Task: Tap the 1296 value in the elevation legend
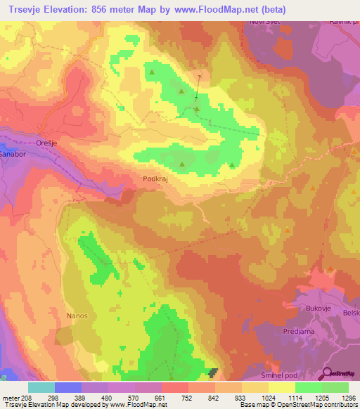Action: click(x=349, y=397)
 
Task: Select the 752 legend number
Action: click(x=174, y=397)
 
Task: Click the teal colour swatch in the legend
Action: click(x=41, y=387)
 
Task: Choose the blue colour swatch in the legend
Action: click(x=68, y=387)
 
